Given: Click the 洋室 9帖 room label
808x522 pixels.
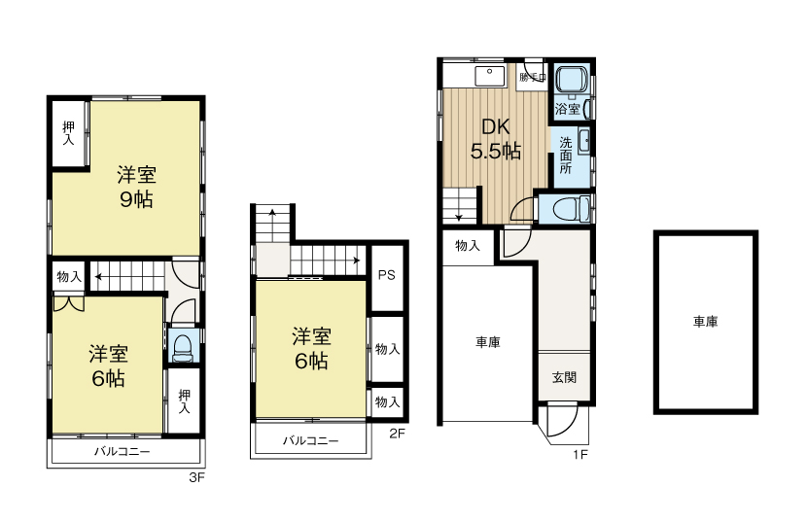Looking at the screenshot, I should point(137,188).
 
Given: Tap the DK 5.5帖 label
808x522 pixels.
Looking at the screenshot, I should point(496,138).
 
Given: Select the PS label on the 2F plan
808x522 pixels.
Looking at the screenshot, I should point(386,275).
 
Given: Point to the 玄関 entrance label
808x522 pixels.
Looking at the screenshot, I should point(565,377).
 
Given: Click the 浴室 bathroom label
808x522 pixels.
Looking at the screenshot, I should point(568,109).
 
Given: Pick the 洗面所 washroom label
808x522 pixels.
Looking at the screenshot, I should point(566,154).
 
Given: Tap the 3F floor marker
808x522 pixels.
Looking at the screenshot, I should point(198,478).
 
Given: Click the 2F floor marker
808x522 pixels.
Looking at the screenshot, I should point(397,434).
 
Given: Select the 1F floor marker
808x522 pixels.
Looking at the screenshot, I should point(581,453).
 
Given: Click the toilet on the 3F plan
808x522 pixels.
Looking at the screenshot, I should point(182,349).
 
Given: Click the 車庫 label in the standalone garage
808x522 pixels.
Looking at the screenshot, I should point(705,322).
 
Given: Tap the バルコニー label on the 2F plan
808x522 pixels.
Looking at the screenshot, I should point(311,440).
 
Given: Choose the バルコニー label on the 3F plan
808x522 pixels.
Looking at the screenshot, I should point(122,453).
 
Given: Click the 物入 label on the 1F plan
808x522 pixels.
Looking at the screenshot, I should point(468,246).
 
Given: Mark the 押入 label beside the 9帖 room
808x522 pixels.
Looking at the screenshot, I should point(68,132).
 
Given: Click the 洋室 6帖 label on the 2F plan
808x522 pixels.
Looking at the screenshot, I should point(311,349).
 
